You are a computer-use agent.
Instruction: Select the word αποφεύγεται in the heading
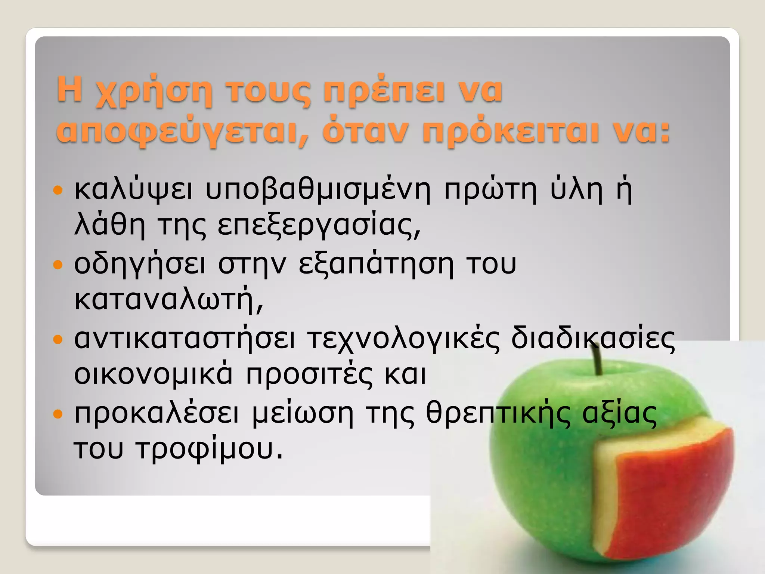[182, 132]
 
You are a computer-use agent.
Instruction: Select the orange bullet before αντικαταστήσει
[58, 340]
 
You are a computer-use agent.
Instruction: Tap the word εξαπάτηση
[376, 265]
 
